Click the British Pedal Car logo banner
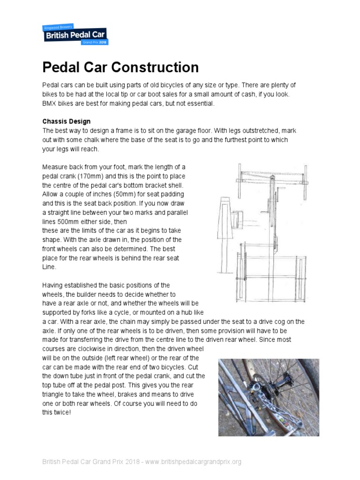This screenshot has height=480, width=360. click(75, 33)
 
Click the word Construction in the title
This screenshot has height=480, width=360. click(158, 67)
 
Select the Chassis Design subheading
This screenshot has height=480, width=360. click(67, 122)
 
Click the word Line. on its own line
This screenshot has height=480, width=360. click(49, 267)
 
